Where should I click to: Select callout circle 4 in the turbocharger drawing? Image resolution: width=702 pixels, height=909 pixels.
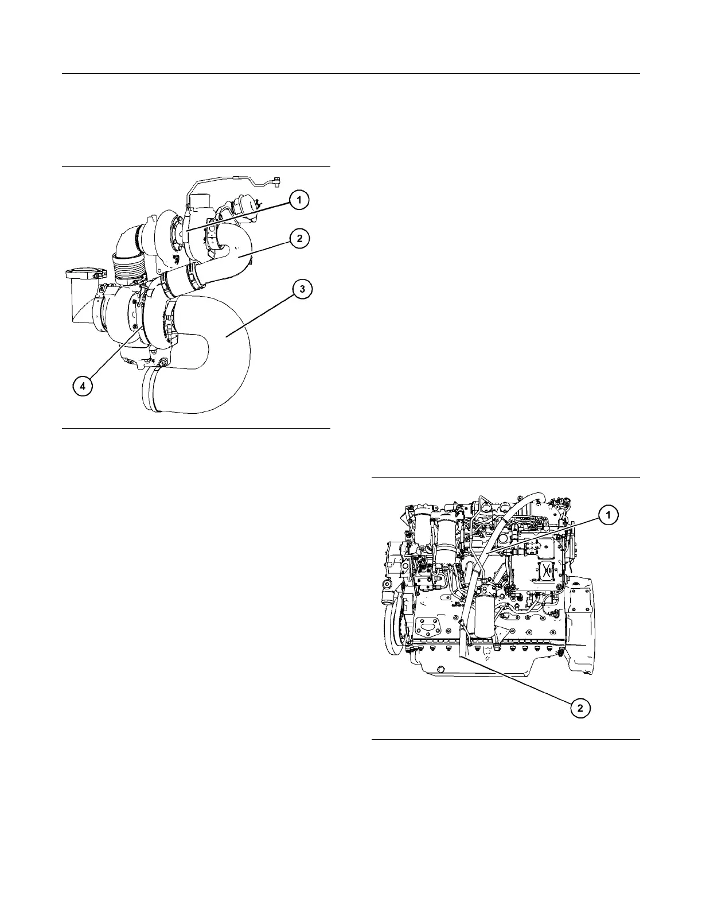(83, 387)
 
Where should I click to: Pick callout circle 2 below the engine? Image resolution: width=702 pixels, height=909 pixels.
(580, 708)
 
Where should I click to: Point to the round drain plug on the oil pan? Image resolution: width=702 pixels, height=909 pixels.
(440, 669)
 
